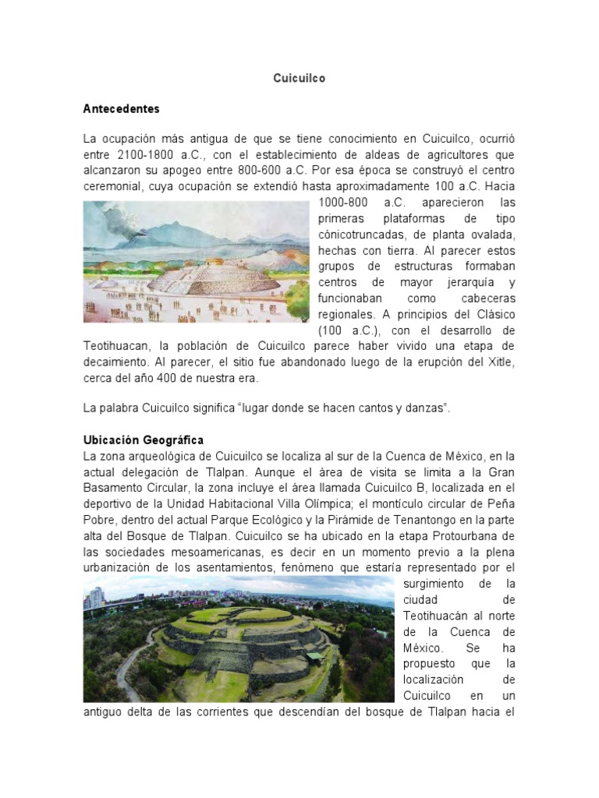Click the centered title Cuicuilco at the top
[299, 79]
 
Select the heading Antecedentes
[121, 108]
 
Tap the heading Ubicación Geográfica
[144, 440]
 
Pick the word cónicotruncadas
[363, 235]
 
